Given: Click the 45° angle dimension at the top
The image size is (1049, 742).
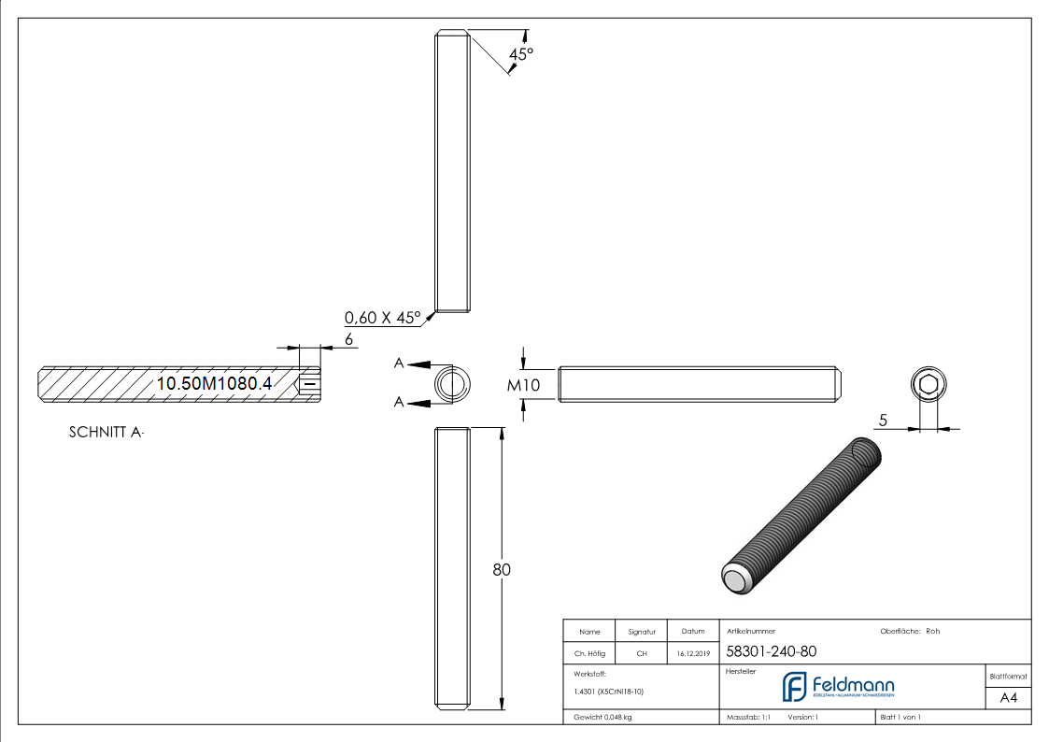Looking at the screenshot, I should coord(520,54).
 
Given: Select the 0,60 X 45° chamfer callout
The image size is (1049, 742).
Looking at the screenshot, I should coord(383,318).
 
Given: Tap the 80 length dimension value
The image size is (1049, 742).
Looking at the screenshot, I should coord(502,569).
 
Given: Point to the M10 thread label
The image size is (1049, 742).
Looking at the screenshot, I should coord(523,384).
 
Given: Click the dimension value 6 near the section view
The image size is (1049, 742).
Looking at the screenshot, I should coord(349,339).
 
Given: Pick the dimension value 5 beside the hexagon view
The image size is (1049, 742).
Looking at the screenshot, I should coord(883,420).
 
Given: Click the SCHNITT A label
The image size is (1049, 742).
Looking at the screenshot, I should coord(106,433).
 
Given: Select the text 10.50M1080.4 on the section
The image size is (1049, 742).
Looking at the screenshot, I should coord(214,383).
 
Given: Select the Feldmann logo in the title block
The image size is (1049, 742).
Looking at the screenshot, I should coord(838,687).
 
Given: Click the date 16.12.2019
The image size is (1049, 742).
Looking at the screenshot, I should coord(693,653).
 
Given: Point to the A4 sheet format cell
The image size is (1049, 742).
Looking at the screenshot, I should coord(1008,698).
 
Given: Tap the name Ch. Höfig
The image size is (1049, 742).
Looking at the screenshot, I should coord(588,653).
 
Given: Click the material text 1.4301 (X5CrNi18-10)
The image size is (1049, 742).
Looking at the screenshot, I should coord(609,692).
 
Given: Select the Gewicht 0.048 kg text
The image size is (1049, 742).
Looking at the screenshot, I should coord(602,717).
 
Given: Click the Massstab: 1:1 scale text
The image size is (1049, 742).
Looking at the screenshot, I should coord(748,717).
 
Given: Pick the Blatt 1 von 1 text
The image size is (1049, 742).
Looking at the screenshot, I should coord(900,717).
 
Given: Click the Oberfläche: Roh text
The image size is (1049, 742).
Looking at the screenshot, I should coord(910,631).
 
